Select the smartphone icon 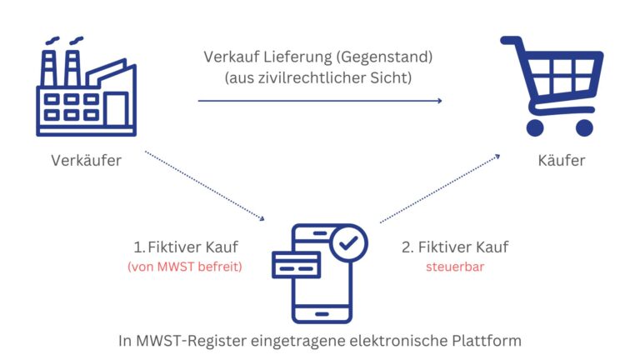click(320, 271)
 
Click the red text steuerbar click(454, 267)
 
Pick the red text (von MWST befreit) click(184, 267)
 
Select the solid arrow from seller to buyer click(320, 101)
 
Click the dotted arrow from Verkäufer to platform click(204, 186)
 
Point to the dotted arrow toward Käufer click(440, 188)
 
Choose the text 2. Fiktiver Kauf click(455, 247)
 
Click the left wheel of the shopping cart click(534, 127)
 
